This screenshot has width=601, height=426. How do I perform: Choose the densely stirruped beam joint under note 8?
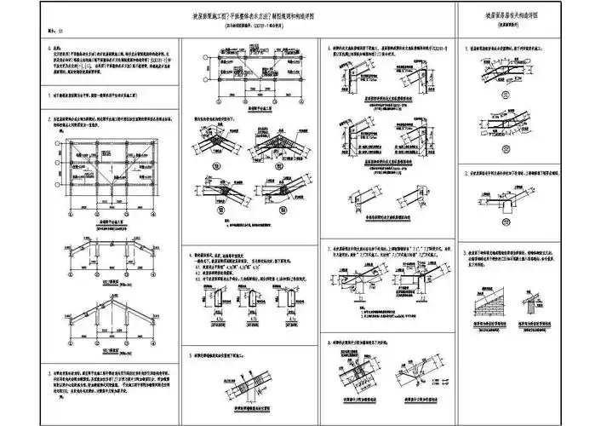click(358, 375)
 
